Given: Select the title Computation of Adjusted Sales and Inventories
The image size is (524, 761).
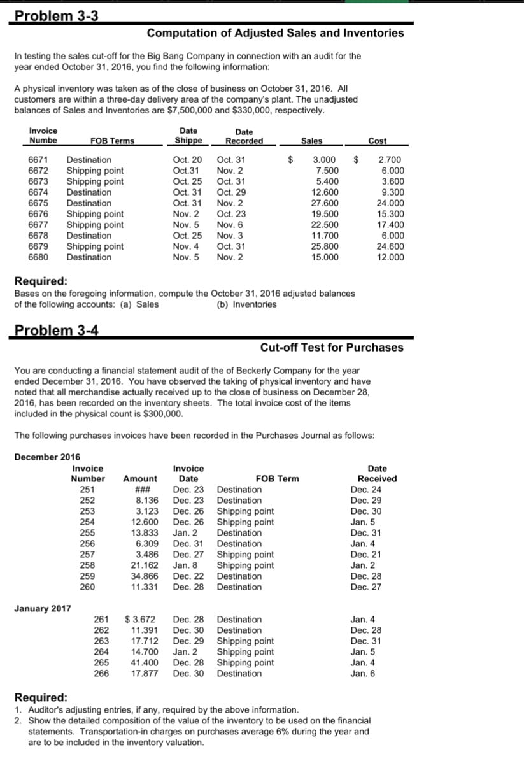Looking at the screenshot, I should coord(275,33).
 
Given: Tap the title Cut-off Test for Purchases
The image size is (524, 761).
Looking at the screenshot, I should coord(332,347).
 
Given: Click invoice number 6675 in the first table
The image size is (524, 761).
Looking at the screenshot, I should coord(39,203).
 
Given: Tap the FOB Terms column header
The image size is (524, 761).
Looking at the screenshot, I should coord(112,141).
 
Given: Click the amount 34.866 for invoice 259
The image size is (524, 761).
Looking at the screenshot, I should coord(143,576).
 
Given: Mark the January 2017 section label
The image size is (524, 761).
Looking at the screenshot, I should coord(42,608).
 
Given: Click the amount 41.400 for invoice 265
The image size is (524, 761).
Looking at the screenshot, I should coord(143,663).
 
